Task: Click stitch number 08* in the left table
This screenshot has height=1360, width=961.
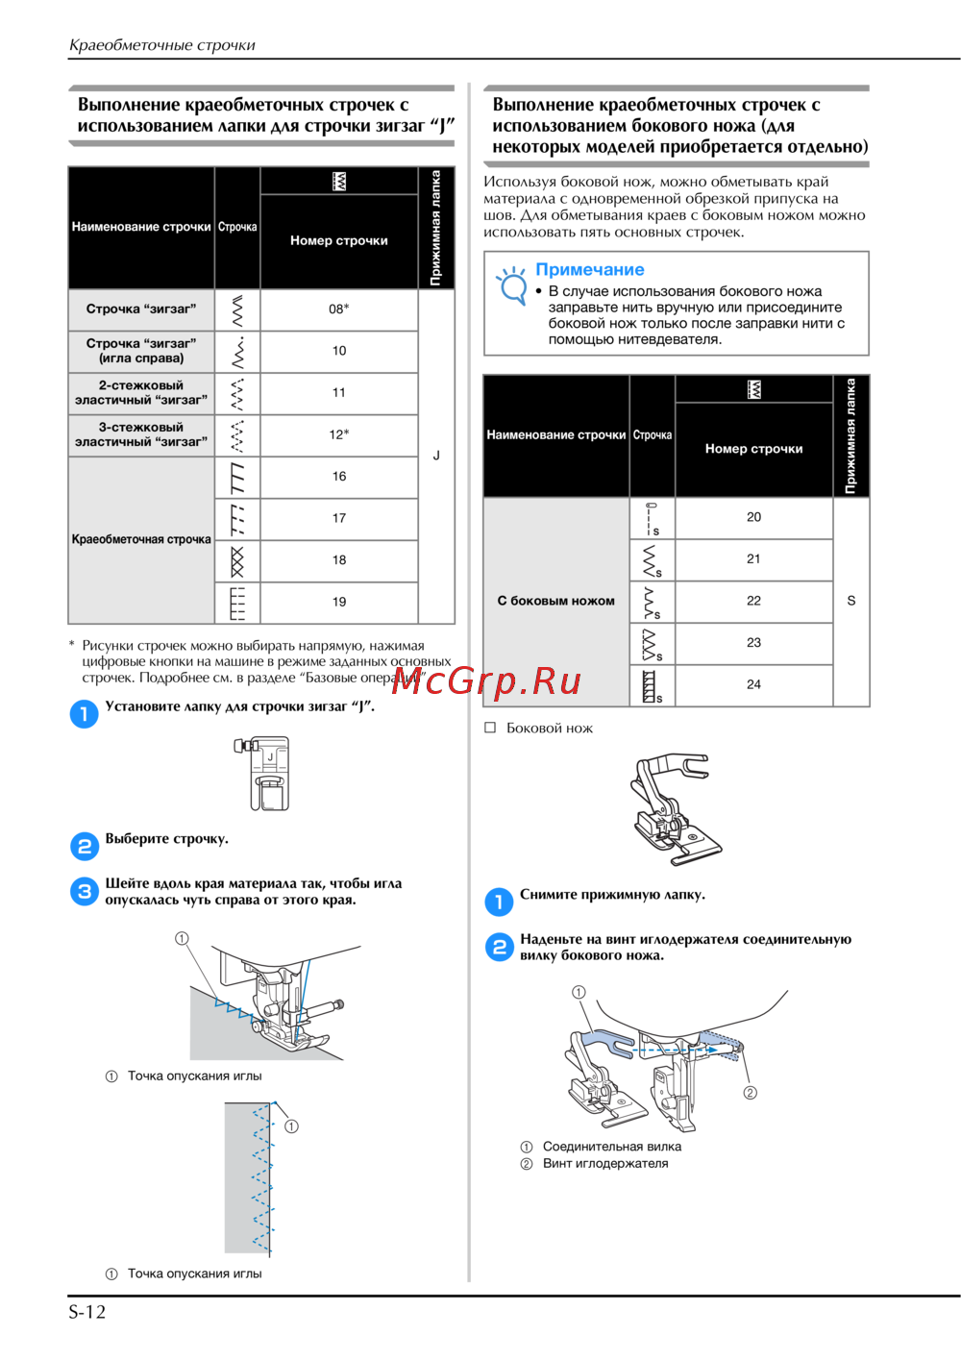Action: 338,309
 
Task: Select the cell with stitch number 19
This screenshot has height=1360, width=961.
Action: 338,603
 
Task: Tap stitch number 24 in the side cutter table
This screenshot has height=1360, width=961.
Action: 753,685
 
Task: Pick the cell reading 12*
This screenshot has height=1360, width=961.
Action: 338,434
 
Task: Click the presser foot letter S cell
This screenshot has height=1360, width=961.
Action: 851,601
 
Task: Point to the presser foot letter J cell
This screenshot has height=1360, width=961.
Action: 436,456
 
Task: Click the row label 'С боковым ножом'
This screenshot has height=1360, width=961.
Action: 556,601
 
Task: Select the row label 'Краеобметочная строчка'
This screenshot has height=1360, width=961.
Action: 141,539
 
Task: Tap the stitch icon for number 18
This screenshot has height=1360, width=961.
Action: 237,561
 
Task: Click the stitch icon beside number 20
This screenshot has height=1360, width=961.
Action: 652,518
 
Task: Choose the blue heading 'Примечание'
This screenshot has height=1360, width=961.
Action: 589,269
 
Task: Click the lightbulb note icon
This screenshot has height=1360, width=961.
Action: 512,285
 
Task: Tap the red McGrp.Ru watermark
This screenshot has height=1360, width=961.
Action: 486,681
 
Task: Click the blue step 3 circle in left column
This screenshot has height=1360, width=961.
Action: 85,892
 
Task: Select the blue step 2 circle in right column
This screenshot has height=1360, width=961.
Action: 499,947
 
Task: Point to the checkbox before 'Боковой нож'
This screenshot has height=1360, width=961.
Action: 490,728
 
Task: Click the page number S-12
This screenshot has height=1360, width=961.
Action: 86,1312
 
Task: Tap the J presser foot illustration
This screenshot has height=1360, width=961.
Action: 262,773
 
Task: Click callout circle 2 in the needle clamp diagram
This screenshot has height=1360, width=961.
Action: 751,1093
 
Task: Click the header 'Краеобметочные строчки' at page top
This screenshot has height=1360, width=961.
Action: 162,45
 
